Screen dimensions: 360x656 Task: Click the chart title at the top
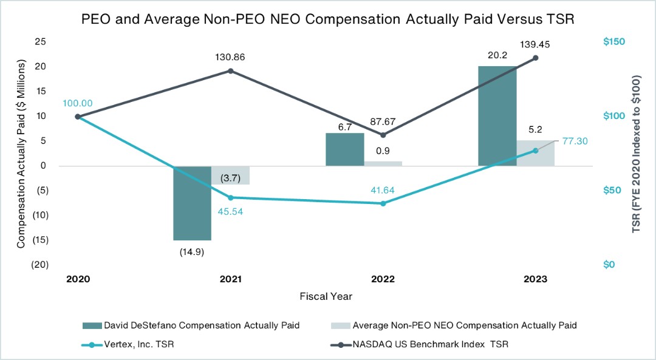[x=327, y=19]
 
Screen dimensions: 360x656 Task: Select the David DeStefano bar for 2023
[x=497, y=115]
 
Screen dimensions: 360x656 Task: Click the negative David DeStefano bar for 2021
[x=192, y=203]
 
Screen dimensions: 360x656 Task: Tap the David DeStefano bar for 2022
[x=344, y=149]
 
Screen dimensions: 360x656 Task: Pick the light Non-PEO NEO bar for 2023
[x=536, y=153]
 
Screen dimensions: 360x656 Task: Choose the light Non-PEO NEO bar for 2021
[x=230, y=175]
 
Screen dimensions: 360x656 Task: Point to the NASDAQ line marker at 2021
[x=231, y=71]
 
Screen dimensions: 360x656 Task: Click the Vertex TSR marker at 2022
[x=383, y=203]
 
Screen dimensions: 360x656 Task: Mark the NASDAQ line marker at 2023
[x=536, y=58]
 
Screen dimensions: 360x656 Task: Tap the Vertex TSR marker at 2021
[x=231, y=197]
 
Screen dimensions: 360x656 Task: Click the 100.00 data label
[x=77, y=103]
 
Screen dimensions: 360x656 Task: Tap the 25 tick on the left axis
[x=41, y=41]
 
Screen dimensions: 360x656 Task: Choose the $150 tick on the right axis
[x=613, y=41]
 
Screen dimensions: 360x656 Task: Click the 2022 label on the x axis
[x=383, y=279]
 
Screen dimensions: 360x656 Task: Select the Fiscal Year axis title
[x=326, y=297]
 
